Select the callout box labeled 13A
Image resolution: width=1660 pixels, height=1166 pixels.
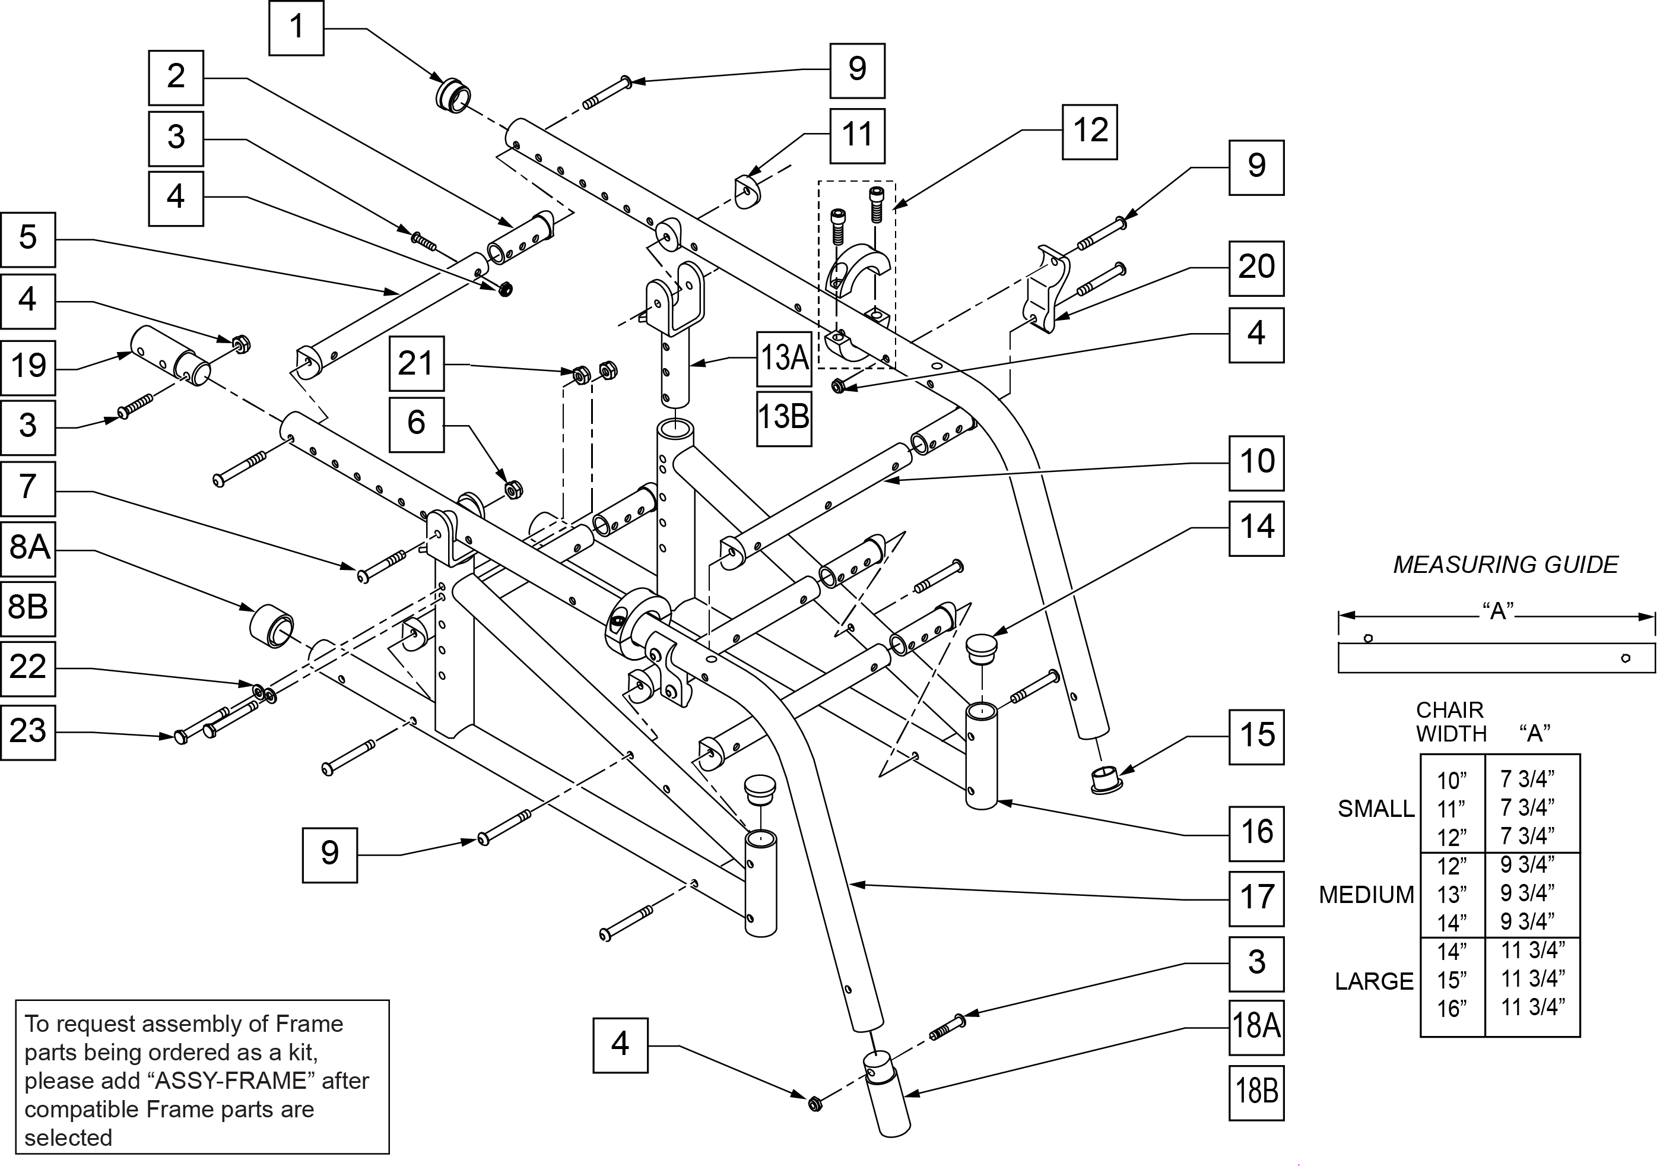[784, 358]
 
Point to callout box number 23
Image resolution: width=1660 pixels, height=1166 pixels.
[27, 731]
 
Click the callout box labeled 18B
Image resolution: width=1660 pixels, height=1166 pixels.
[1256, 1092]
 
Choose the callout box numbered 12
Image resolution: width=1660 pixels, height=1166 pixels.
[1089, 132]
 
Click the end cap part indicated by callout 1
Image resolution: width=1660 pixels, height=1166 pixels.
[453, 96]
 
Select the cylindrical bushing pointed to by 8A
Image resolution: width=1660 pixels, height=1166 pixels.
[272, 626]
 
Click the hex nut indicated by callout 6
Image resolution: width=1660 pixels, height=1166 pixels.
[513, 490]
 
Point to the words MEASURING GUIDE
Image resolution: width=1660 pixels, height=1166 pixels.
[1505, 565]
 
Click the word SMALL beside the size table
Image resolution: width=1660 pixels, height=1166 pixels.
[1375, 809]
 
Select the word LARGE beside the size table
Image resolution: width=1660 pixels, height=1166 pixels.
[1374, 981]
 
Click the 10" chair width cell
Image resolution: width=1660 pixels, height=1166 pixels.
[1451, 781]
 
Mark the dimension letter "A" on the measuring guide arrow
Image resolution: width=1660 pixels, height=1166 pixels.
[1498, 611]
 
